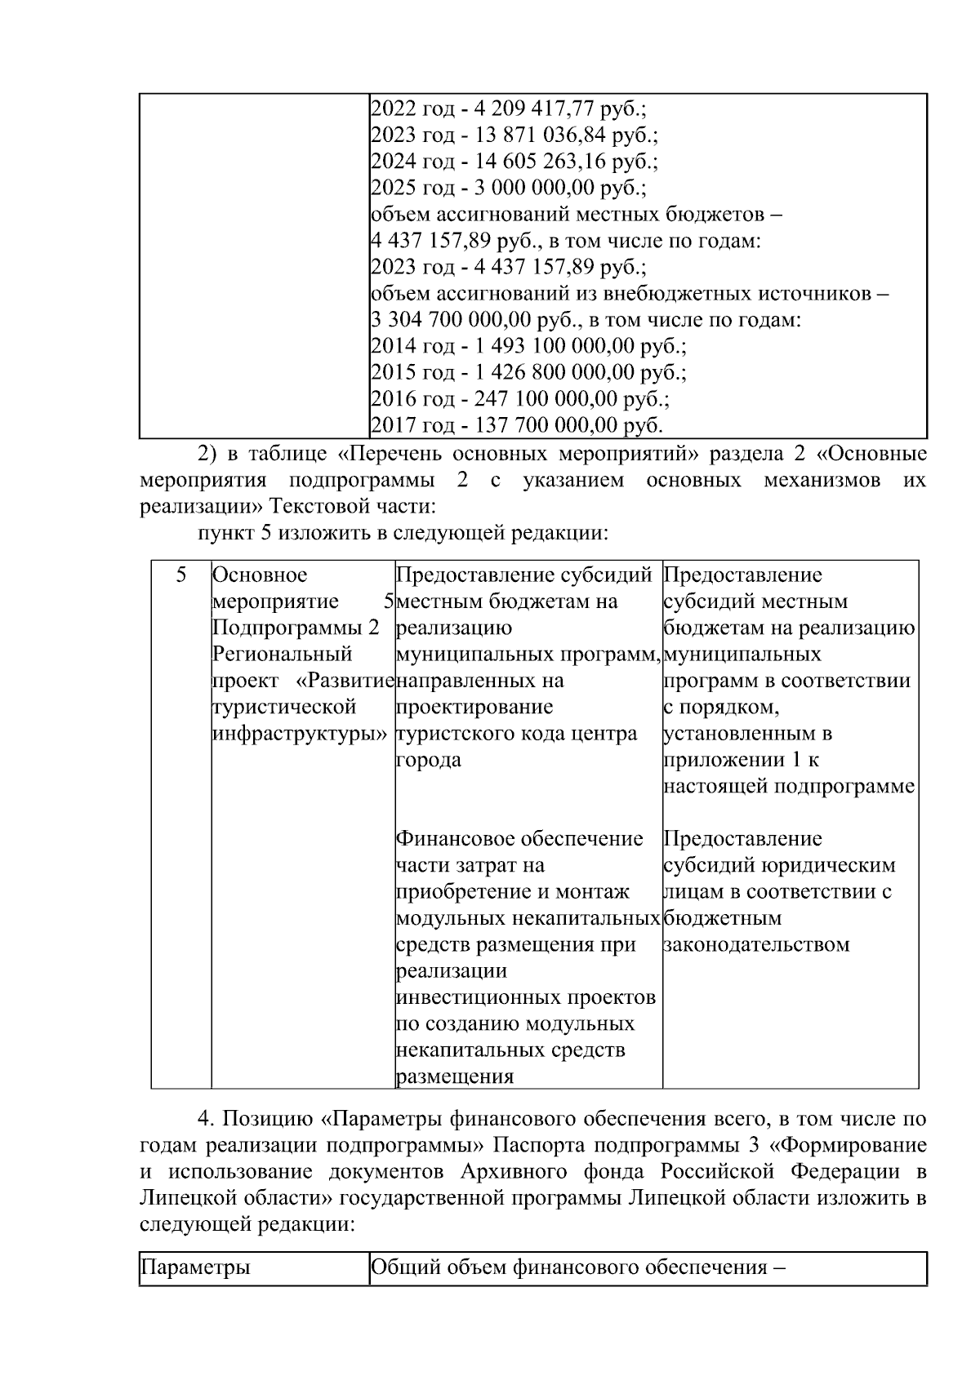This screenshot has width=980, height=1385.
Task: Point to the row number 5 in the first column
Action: pos(181,575)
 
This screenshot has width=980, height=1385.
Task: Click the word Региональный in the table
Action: pos(282,655)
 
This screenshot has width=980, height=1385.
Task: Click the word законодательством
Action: pos(756,945)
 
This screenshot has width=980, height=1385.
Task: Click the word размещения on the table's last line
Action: pos(455,1076)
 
